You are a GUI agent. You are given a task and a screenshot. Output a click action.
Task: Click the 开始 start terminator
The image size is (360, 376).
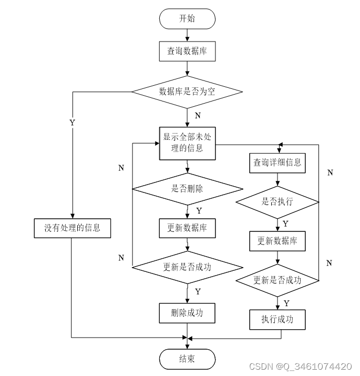tap(187, 19)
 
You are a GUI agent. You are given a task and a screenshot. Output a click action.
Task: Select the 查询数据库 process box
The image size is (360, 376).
tap(187, 51)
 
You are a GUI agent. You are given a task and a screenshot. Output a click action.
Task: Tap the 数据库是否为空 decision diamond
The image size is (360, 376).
tap(187, 92)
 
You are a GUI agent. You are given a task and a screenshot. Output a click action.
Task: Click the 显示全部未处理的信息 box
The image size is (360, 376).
tap(187, 143)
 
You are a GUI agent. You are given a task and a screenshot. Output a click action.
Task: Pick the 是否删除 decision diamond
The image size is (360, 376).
tap(187, 189)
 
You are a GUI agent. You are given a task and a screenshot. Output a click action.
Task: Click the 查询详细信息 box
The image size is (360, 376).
tap(277, 162)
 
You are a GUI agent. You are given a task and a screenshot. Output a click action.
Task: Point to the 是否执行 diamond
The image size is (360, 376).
tap(277, 201)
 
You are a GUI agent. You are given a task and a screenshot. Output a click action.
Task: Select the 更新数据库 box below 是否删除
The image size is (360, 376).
tap(187, 228)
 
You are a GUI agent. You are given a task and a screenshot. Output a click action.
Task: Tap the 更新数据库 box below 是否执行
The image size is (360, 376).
tap(277, 241)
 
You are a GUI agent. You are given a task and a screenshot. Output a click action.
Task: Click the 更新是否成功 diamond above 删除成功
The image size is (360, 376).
tap(187, 267)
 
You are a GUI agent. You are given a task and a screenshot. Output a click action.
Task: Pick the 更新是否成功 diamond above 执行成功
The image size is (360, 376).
tap(277, 280)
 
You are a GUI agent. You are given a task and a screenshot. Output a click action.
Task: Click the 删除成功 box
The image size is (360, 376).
tap(187, 313)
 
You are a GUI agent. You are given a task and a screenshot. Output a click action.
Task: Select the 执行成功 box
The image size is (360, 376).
tap(277, 319)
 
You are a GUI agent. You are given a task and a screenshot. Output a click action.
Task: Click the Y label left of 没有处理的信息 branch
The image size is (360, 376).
tap(72, 122)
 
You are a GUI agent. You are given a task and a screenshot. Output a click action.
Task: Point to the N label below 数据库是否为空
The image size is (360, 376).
tap(198, 115)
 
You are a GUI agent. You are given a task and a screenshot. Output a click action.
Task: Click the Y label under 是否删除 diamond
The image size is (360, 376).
tap(199, 210)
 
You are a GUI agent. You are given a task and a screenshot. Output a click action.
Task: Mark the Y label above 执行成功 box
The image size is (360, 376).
tap(286, 303)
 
